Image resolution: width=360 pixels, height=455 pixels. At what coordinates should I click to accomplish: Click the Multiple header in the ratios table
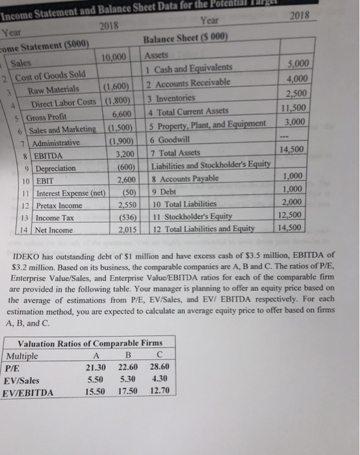(x=24, y=356)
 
